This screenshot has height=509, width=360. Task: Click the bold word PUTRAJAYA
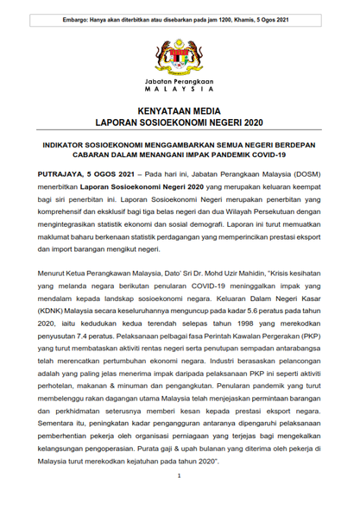55,173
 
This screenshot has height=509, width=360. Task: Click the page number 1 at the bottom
179,475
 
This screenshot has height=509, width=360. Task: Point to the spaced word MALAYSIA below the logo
180,88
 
